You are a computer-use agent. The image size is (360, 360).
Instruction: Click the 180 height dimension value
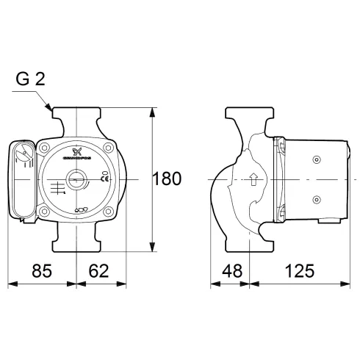click(x=168, y=179)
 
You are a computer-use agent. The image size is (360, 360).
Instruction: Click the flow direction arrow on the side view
click(x=254, y=179)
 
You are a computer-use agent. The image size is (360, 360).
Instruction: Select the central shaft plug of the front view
click(x=77, y=179)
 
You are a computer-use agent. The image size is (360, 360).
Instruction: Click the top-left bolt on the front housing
click(x=46, y=148)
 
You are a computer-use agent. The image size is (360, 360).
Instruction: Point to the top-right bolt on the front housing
click(x=108, y=148)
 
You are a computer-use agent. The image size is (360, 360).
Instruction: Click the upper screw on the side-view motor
click(x=316, y=159)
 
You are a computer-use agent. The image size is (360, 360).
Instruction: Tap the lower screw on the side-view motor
click(x=316, y=198)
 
